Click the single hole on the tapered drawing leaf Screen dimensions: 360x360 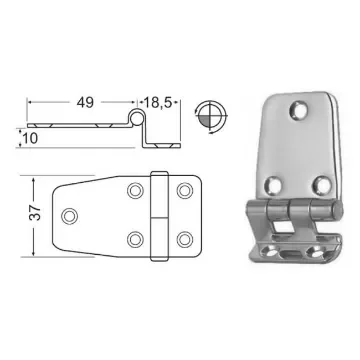pyautogui.click(x=69, y=214)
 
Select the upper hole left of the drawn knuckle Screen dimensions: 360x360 pyautogui.click(x=136, y=190)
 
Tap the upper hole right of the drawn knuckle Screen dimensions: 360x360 pyautogui.click(x=184, y=190)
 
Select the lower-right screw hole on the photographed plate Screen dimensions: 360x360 pyautogui.click(x=320, y=183)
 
